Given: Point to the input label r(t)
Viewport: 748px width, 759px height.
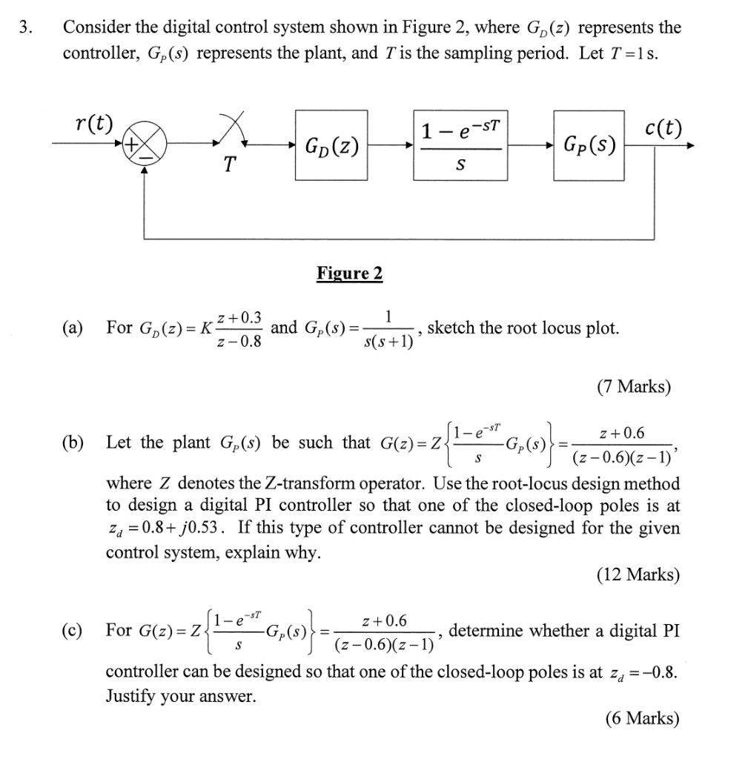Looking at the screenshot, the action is (95, 123).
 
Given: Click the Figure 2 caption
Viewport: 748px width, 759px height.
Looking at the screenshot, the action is (350, 274).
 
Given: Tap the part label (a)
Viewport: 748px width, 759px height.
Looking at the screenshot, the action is (73, 328).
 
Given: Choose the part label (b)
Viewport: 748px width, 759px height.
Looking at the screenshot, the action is (73, 443).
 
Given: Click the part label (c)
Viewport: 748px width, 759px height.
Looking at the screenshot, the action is (73, 631).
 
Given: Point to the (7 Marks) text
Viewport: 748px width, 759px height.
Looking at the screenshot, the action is (633, 386).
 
